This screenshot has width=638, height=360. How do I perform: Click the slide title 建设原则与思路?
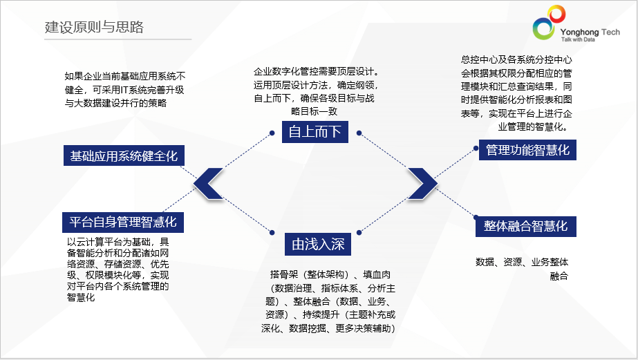[94, 27]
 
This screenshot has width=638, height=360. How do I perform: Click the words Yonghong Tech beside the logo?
[590, 32]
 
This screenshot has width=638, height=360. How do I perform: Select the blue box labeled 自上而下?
[315, 132]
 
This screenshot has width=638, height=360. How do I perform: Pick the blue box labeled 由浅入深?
[318, 244]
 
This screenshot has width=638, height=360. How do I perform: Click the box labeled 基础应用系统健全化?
[124, 155]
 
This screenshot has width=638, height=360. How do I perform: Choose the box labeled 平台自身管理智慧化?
[123, 222]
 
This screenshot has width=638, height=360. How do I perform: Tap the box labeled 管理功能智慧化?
[527, 150]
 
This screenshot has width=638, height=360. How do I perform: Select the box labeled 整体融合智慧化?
[526, 226]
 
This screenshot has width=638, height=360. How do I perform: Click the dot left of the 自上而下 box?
[272, 133]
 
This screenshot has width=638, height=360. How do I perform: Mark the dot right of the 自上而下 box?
[359, 133]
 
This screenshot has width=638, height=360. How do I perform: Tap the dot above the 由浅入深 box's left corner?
[272, 233]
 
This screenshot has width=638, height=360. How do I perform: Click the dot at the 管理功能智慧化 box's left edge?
[476, 149]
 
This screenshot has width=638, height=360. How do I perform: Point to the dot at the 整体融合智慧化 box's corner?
[476, 218]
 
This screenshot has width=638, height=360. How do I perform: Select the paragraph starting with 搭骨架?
[328, 301]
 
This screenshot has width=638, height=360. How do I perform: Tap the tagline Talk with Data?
[578, 39]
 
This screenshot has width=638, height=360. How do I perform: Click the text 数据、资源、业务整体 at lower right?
[522, 262]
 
